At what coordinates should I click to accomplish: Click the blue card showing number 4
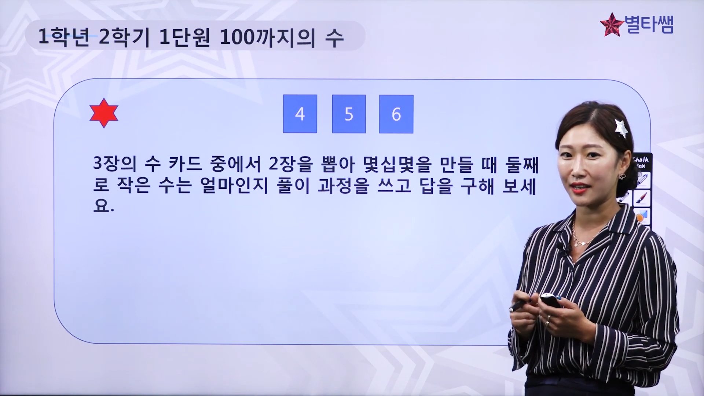300,114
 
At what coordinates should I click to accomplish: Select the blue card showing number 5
349,114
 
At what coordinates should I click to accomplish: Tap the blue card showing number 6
396,114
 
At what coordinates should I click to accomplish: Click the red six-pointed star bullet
104,113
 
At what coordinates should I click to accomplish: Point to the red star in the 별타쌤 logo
612,25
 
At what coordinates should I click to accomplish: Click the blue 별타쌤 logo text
649,25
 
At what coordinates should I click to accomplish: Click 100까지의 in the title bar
267,37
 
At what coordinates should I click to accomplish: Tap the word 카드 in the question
186,164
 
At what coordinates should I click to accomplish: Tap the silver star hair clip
621,128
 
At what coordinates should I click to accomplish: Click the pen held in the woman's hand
519,305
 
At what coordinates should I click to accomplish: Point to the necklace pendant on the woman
577,243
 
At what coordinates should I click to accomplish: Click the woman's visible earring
622,177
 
